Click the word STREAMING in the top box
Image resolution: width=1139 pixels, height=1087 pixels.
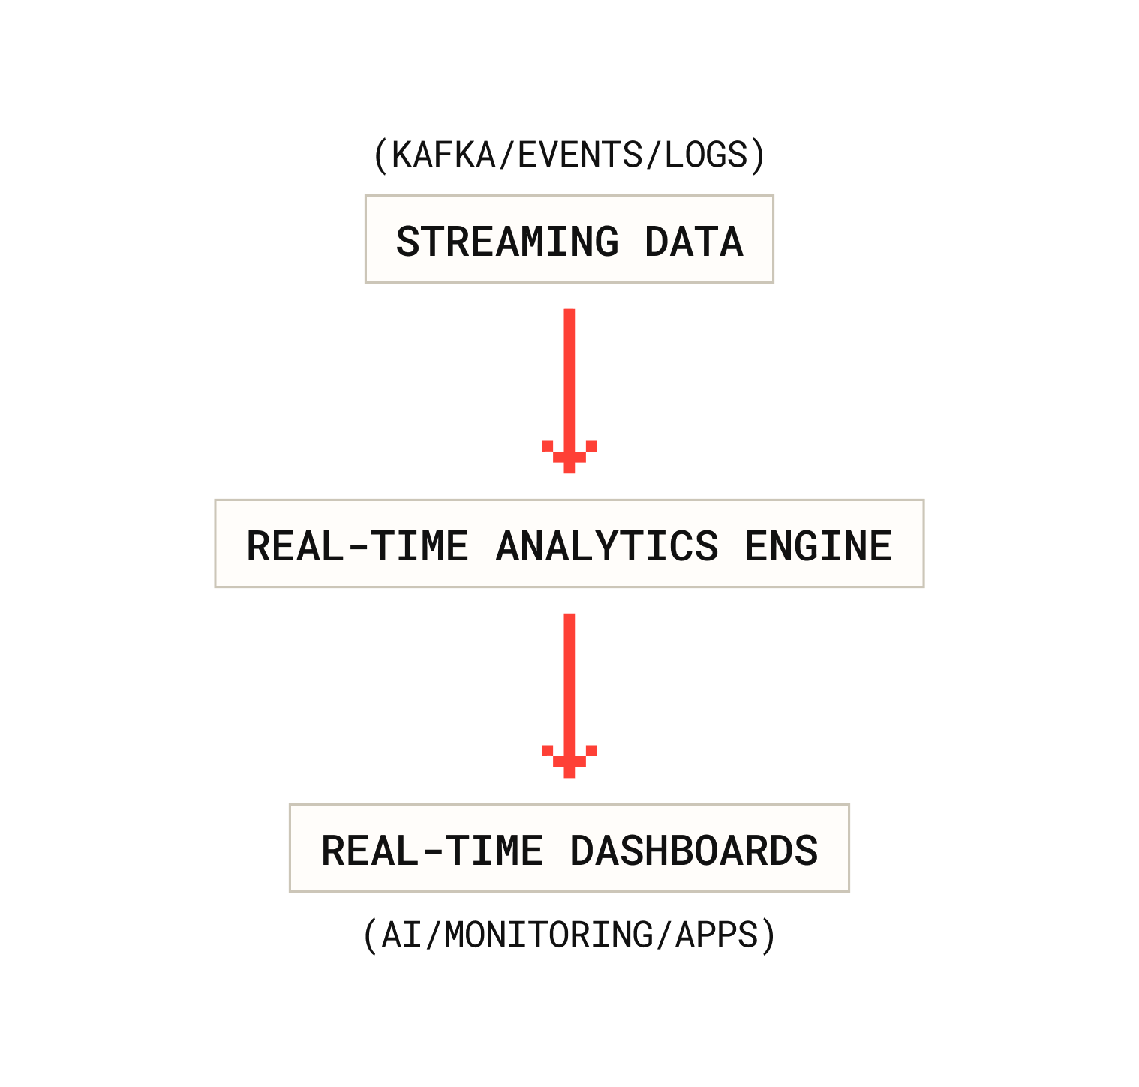click(x=507, y=242)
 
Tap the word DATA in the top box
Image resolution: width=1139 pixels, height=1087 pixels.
click(x=693, y=242)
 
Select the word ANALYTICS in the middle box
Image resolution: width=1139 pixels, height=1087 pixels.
click(x=607, y=546)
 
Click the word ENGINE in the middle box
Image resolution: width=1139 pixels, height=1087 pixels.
click(x=818, y=546)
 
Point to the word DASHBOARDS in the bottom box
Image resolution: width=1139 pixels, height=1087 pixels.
click(x=693, y=851)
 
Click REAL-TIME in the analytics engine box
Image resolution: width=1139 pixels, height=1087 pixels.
click(x=358, y=546)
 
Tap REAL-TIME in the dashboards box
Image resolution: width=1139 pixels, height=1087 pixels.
click(x=432, y=851)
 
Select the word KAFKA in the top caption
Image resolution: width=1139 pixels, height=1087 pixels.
click(x=443, y=155)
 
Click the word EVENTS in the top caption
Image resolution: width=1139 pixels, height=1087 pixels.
click(x=580, y=155)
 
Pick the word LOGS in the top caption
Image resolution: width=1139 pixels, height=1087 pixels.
click(x=706, y=155)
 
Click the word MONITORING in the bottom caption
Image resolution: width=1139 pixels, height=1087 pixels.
click(x=548, y=935)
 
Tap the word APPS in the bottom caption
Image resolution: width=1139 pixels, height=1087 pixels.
click(x=717, y=935)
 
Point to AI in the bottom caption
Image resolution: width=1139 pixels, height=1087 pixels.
click(x=401, y=935)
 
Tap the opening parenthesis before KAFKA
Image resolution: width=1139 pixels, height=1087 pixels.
click(x=380, y=155)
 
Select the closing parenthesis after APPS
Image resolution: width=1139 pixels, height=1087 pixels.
click(x=768, y=935)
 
